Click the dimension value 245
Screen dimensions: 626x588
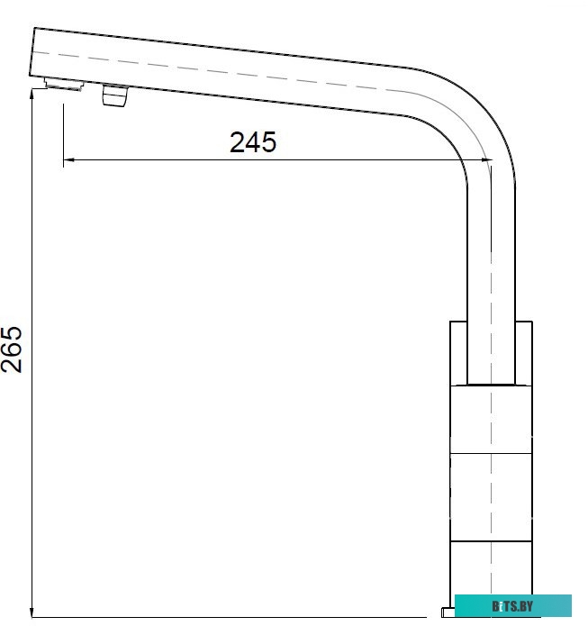[253, 142]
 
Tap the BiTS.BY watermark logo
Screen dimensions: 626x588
[512, 605]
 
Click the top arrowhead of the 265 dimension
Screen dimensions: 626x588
[33, 93]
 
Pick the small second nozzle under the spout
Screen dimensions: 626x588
[115, 95]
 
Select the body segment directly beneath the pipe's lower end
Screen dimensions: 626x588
[493, 419]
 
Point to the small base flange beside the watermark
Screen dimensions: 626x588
[448, 614]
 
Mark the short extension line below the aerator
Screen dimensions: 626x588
[63, 126]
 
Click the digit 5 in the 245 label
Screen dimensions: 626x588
[267, 142]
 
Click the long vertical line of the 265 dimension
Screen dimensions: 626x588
[33, 360]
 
